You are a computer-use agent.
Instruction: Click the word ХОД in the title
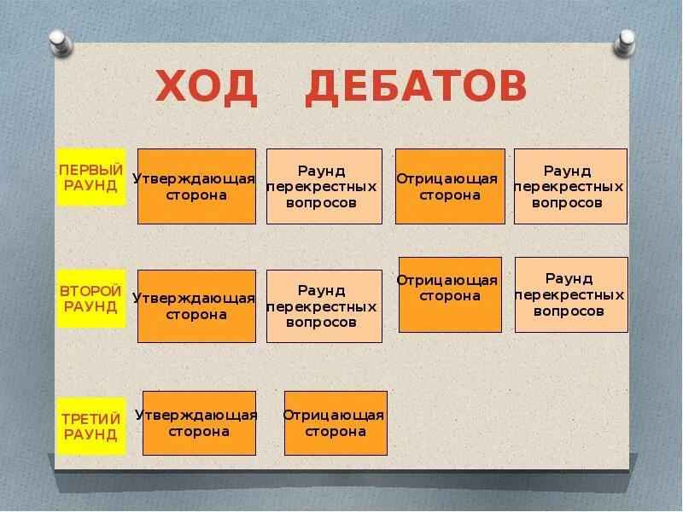[x=207, y=89]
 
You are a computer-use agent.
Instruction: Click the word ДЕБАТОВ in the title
[x=417, y=89]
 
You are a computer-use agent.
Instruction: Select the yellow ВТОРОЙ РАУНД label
[x=90, y=299]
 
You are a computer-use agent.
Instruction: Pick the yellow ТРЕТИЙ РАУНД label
[x=90, y=426]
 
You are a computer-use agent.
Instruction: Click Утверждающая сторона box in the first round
[x=196, y=186]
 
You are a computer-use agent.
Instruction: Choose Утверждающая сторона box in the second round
[x=196, y=305]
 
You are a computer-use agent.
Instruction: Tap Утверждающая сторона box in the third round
[x=199, y=422]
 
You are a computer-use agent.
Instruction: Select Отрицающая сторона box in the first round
[x=450, y=186]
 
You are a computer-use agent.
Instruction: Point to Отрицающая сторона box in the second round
[x=450, y=294]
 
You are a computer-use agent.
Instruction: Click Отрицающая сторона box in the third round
[x=336, y=422]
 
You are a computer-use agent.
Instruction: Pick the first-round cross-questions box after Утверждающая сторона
[x=324, y=186]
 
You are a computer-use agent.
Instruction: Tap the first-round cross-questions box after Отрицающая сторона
[x=570, y=186]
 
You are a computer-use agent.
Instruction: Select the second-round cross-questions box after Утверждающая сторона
[x=324, y=305]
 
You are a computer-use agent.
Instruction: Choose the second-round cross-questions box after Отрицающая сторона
[x=571, y=294]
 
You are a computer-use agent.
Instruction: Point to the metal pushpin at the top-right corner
[x=626, y=40]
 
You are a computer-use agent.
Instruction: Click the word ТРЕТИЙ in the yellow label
[x=90, y=418]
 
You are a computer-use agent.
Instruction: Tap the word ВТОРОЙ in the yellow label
[x=90, y=291]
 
